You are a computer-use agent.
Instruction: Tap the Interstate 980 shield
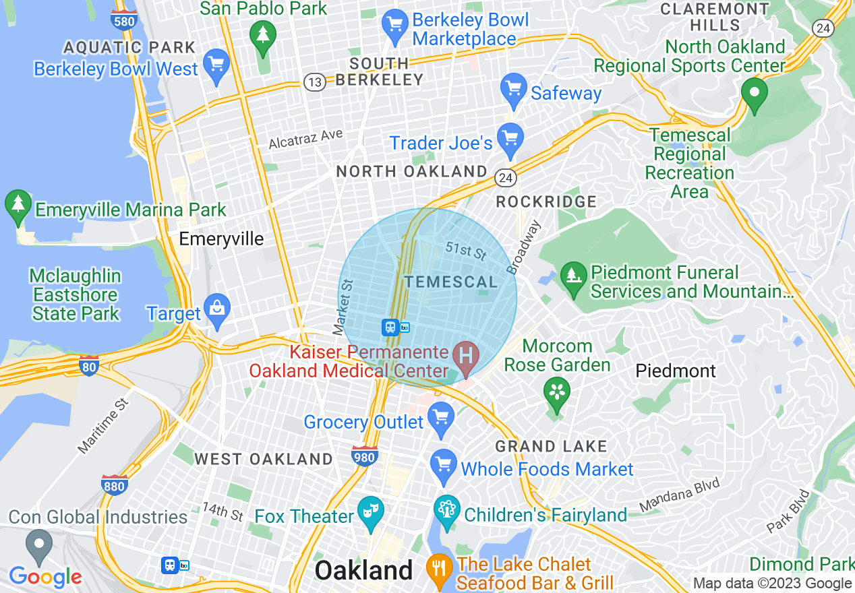(x=364, y=456)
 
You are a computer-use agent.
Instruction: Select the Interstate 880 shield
(x=115, y=485)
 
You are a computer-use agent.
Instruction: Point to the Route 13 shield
(x=315, y=82)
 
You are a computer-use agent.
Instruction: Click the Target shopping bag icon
(x=217, y=311)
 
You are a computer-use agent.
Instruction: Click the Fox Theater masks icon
(x=370, y=512)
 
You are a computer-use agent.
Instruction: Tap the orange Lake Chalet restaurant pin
(x=439, y=570)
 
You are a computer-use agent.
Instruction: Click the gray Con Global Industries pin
(x=39, y=544)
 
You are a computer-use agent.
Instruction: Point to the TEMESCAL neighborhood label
(x=450, y=282)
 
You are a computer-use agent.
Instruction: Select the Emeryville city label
(x=221, y=239)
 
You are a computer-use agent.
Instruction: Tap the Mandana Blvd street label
(x=680, y=494)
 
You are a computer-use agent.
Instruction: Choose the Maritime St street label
(x=102, y=426)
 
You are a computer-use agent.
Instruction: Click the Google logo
(x=45, y=577)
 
